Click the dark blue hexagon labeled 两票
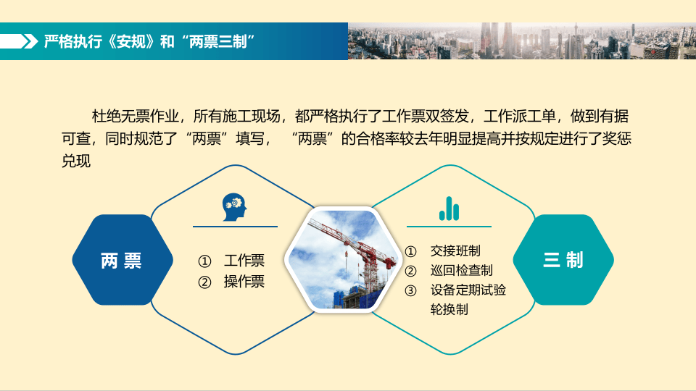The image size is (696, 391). [x=122, y=260]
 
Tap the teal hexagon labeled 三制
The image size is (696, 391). [x=563, y=260]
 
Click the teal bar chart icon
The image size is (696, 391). [x=449, y=208]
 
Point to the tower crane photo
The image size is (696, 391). [x=342, y=260]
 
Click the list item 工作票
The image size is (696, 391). [x=244, y=261]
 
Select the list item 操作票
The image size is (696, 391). [x=244, y=282]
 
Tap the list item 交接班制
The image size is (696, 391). [x=455, y=251]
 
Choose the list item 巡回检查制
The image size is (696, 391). [x=461, y=271]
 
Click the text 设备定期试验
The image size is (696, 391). [x=468, y=290]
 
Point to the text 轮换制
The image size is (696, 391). [x=449, y=310]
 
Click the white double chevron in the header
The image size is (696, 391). [x=30, y=41]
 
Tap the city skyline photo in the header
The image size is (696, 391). [x=521, y=41]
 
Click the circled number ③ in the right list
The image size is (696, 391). [x=411, y=290]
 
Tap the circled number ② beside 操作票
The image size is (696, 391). [x=204, y=282]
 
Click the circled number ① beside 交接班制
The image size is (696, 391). [x=411, y=251]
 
